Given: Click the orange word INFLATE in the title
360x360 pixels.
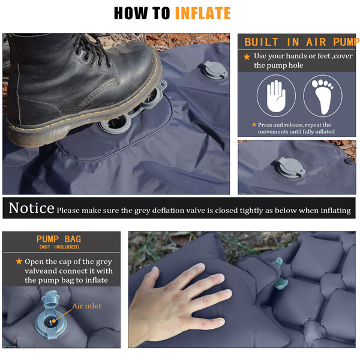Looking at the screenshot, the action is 203,13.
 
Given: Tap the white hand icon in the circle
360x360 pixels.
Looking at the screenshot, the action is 276,96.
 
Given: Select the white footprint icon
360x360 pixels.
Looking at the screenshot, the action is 323,97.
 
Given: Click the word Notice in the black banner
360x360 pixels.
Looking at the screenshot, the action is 31,208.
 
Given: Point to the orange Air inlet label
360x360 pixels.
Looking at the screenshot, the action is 86,306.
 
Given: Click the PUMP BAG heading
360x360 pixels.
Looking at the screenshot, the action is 59,239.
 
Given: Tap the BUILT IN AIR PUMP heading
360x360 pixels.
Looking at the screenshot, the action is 301,42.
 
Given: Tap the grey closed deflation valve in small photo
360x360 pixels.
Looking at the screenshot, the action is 290,167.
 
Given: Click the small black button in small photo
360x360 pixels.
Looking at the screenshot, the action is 349,161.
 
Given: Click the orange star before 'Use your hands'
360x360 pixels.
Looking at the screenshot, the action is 247,56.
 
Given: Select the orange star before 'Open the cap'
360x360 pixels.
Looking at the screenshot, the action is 19,261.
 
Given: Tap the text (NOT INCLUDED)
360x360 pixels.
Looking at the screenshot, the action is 59,247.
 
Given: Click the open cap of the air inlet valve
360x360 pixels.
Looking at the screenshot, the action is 50,298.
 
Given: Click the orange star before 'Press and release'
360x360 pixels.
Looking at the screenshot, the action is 254,124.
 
